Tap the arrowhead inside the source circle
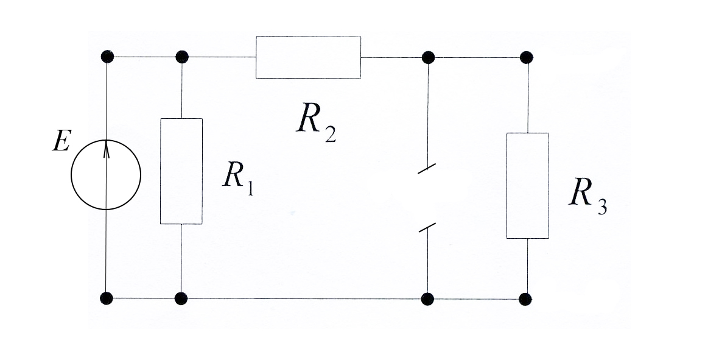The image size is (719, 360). (x=107, y=146)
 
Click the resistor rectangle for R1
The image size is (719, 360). (x=181, y=171)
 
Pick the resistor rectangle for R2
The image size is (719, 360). (x=308, y=57)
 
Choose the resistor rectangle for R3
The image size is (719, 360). (x=528, y=185)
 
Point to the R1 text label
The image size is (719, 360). (x=237, y=177)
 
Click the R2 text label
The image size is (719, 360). (x=315, y=121)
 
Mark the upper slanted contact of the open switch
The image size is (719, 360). (x=427, y=169)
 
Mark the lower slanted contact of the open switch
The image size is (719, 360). (x=427, y=228)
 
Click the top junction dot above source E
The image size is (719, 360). (x=107, y=57)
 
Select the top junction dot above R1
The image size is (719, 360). (x=181, y=57)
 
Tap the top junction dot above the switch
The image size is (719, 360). (x=428, y=57)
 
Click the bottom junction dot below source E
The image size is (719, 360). (x=107, y=298)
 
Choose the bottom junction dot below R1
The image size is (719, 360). (x=181, y=298)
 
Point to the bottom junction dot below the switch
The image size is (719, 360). (x=427, y=298)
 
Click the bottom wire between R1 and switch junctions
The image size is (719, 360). (x=304, y=298)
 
